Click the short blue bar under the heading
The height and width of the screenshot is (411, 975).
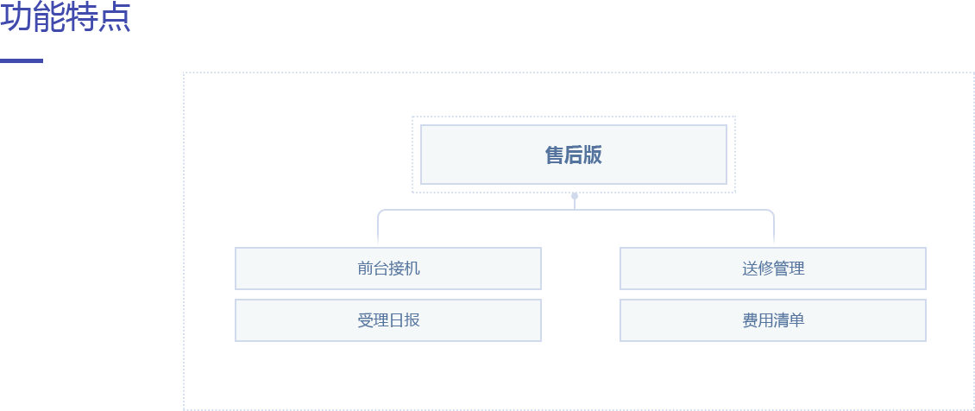22,61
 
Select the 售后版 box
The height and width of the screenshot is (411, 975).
573,155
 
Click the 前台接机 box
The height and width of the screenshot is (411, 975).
387,269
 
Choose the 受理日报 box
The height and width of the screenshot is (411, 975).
387,320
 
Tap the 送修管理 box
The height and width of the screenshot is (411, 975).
772,269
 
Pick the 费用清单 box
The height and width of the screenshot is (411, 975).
772,320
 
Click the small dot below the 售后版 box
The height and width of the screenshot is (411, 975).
575,196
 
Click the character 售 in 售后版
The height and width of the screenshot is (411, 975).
554,155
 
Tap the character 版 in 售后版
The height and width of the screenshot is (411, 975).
593,155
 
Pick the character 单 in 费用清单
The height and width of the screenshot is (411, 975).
797,320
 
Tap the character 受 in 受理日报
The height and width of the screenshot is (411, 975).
365,320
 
